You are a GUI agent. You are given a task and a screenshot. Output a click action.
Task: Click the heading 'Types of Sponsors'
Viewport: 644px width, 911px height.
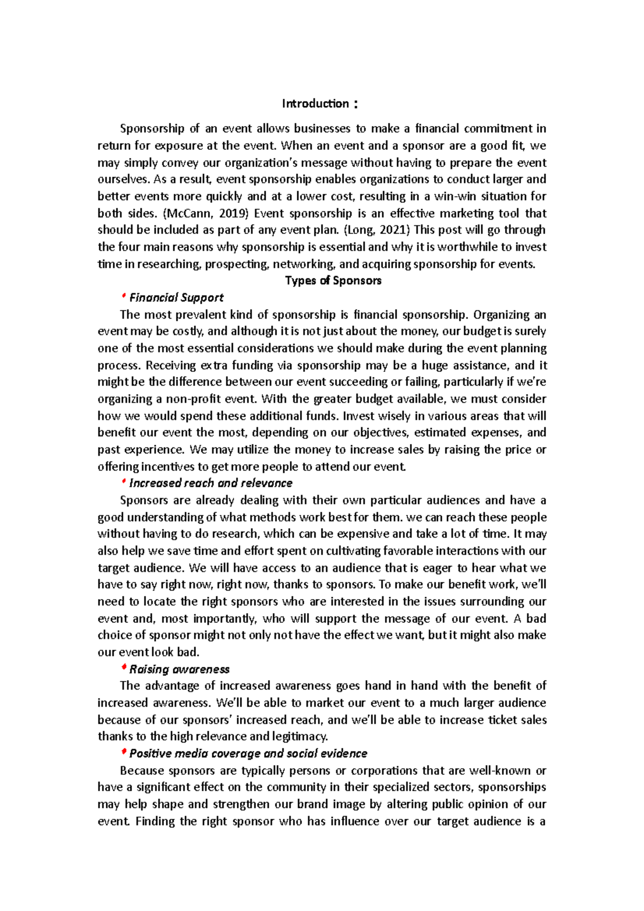click(x=333, y=281)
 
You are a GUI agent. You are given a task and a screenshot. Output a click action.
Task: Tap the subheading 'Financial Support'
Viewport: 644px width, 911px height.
click(x=176, y=298)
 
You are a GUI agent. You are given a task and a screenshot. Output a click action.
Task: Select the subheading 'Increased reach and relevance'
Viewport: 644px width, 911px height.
click(x=210, y=483)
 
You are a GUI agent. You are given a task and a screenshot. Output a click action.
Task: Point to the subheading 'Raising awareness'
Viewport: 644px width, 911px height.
click(x=179, y=669)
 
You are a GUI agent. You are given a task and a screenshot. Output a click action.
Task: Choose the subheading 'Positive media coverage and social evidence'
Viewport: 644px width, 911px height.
click(x=248, y=753)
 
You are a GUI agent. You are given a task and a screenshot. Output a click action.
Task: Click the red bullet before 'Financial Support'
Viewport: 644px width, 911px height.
click(x=124, y=296)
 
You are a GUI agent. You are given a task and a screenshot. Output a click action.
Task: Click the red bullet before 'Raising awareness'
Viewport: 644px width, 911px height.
click(x=124, y=668)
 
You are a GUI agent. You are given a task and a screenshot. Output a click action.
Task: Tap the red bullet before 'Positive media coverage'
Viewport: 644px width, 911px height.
click(x=124, y=752)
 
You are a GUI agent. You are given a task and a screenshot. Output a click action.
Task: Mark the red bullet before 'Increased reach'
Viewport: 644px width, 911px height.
click(x=124, y=482)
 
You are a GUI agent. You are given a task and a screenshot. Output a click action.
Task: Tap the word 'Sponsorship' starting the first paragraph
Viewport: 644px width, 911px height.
click(x=152, y=129)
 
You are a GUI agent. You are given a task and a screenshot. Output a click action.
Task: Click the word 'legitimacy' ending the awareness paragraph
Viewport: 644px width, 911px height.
click(x=299, y=737)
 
